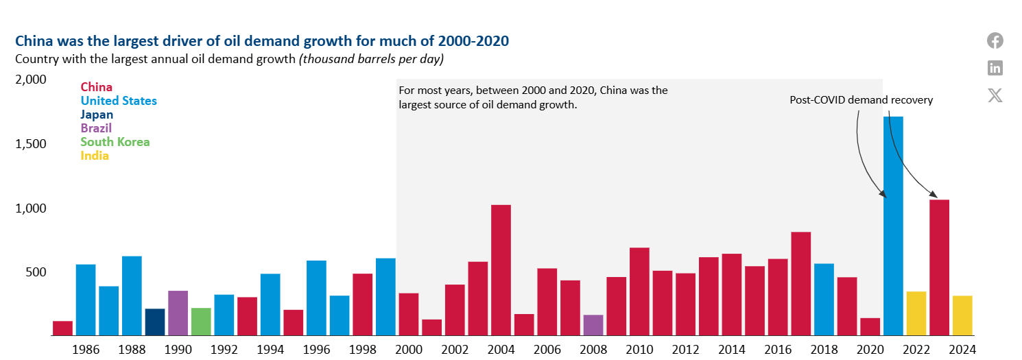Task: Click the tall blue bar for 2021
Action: [x=893, y=226]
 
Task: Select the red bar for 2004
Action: [x=501, y=270]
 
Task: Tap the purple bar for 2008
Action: [x=593, y=325]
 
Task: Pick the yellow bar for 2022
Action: [x=916, y=313]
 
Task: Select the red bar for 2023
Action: [x=940, y=267]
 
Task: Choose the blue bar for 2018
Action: [x=824, y=300]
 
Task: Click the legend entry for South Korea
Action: [x=115, y=142]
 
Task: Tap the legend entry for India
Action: [x=95, y=156]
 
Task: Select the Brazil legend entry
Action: [x=96, y=128]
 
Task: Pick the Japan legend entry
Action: [x=97, y=115]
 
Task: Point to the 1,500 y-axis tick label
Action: [x=30, y=144]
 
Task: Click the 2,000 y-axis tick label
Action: [x=30, y=80]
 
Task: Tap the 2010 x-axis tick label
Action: [x=640, y=350]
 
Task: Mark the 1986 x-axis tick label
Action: [x=86, y=350]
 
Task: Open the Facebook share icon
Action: [x=995, y=40]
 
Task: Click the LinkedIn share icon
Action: [x=995, y=68]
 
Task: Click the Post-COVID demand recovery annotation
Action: [x=861, y=100]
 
